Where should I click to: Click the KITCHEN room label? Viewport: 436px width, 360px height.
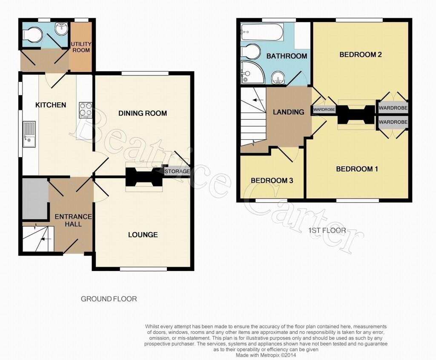pyautogui.click(x=51, y=105)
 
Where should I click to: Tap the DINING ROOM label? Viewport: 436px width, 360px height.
pyautogui.click(x=143, y=113)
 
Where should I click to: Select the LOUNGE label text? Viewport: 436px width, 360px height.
pyautogui.click(x=143, y=235)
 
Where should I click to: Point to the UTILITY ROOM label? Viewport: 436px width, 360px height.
pyautogui.click(x=81, y=47)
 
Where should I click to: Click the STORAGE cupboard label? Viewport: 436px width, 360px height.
pyautogui.click(x=177, y=171)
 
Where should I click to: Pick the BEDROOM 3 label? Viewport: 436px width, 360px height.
pyautogui.click(x=272, y=181)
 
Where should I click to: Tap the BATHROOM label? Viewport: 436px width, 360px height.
pyautogui.click(x=287, y=56)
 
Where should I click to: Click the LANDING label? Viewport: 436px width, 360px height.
pyautogui.click(x=288, y=112)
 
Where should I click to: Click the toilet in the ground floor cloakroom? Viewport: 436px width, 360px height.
pyautogui.click(x=32, y=35)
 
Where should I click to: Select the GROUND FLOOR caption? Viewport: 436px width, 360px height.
pyautogui.click(x=109, y=299)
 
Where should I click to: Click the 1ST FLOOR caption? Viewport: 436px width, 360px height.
pyautogui.click(x=327, y=230)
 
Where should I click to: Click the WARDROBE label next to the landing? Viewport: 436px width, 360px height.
pyautogui.click(x=324, y=109)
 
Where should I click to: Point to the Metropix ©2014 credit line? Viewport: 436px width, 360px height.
pyautogui.click(x=266, y=355)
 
